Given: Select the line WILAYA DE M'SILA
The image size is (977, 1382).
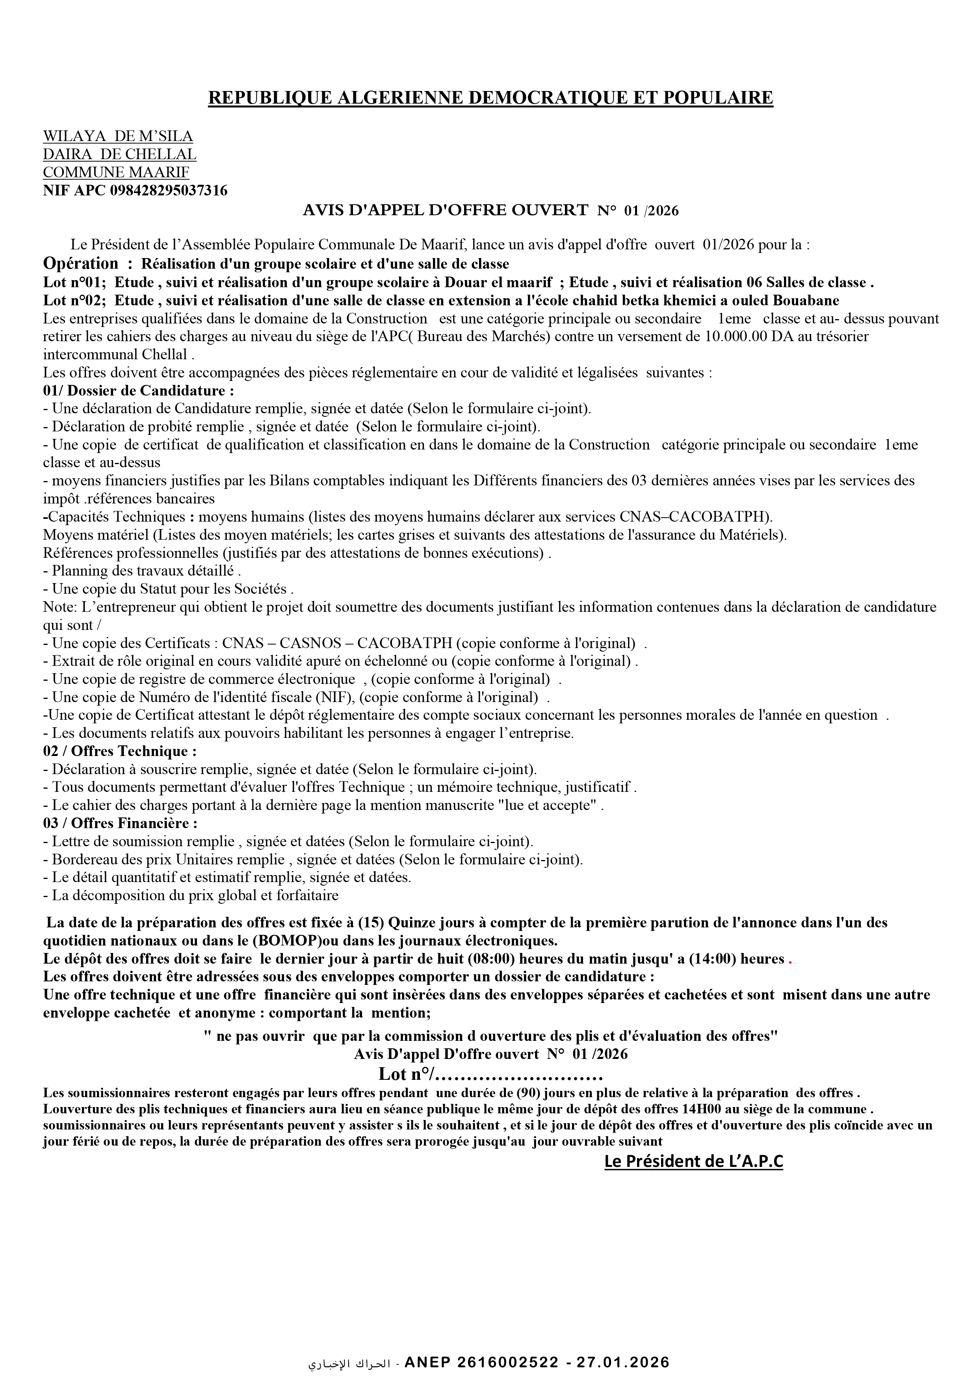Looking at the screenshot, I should (x=118, y=137).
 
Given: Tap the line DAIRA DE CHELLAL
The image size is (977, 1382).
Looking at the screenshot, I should (x=119, y=155).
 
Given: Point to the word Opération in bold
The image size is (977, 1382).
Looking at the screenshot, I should (x=81, y=264).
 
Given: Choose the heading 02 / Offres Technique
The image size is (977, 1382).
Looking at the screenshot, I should (x=120, y=751).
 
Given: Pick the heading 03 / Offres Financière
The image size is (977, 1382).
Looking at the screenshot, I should (x=121, y=823).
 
